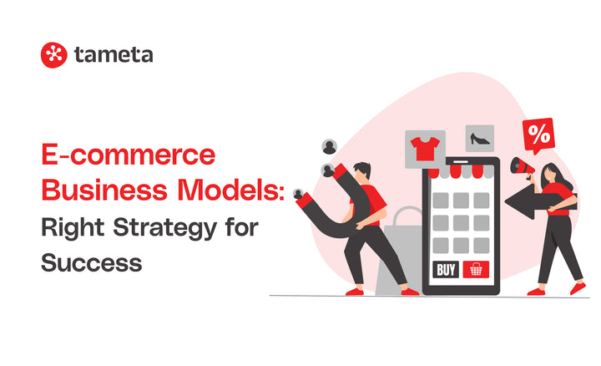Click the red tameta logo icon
pos(53,55)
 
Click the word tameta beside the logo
pos(113,55)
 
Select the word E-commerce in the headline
pos(128,157)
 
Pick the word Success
pos(91,262)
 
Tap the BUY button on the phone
pos(446,270)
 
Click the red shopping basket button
pos(477,270)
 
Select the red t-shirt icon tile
pos(423,150)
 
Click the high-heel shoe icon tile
pos(480,139)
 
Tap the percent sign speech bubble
pos(538,134)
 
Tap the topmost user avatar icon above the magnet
pos(330,146)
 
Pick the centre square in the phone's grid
pos(462,223)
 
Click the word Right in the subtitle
pos(73,226)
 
